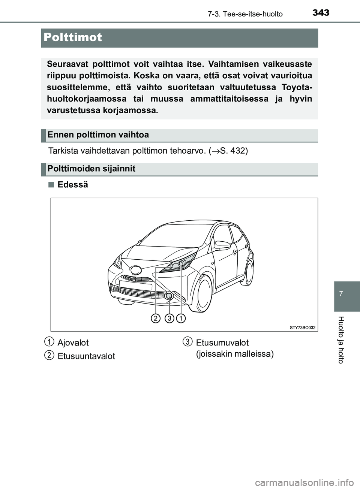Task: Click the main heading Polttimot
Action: coord(73,37)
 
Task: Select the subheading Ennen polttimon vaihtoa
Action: coord(98,135)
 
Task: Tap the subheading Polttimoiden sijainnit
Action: coord(91,169)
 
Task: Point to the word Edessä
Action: coord(73,185)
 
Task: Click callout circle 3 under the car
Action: coord(169,319)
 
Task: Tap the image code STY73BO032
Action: coord(302,327)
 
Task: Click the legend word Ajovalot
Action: coord(73,342)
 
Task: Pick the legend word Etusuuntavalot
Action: coord(86,356)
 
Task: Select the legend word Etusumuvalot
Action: coord(222,342)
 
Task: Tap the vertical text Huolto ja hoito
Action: coord(340,339)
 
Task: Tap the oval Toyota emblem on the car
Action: coord(135,269)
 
